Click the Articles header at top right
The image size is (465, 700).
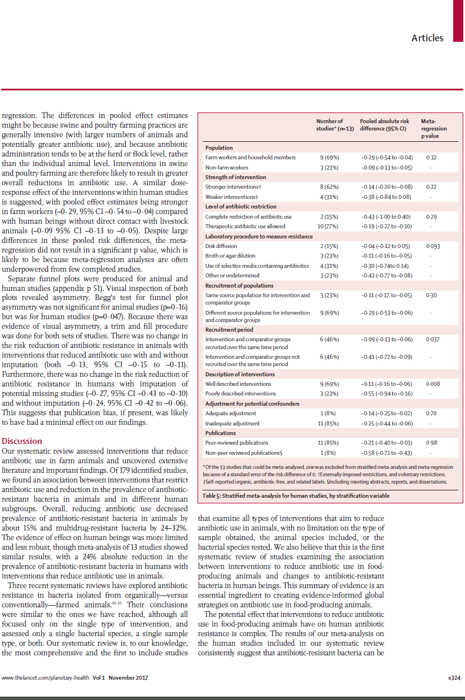coord(427,38)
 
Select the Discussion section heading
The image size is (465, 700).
coord(22,441)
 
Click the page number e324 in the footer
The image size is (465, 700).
coord(454,678)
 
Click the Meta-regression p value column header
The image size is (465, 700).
coord(433,128)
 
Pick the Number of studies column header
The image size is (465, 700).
coord(330,125)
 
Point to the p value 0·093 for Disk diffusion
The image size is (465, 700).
coord(433,246)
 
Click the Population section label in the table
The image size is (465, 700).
coord(220,147)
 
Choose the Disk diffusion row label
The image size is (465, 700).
coord(221,246)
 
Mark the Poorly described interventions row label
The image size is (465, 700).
coord(240,393)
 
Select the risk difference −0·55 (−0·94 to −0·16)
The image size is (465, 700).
coord(386,393)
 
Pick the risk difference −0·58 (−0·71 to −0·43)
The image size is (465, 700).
coord(386,453)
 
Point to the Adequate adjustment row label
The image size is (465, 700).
coord(231,413)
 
